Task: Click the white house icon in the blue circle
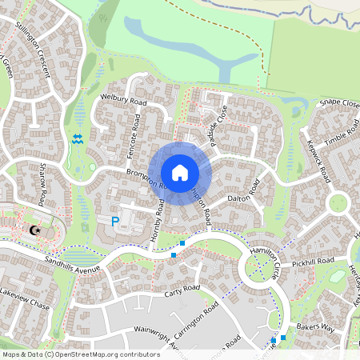point(180,172)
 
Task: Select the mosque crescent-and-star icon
point(34,231)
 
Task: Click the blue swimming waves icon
point(78,139)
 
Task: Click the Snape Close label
point(339,103)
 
